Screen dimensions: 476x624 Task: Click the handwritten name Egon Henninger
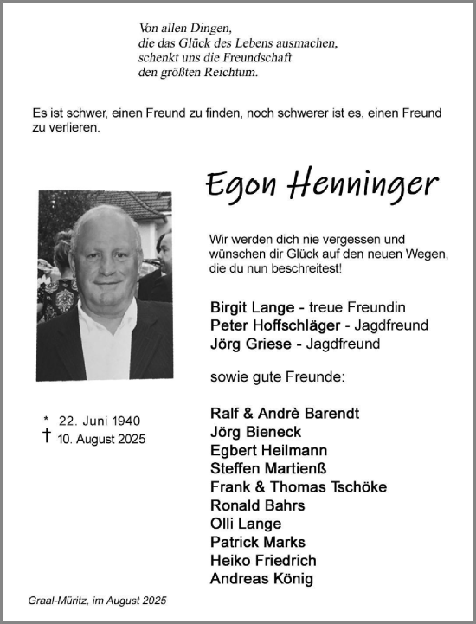click(322, 184)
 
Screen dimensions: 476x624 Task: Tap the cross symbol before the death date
click(46, 437)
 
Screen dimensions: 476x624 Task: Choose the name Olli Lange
click(245, 524)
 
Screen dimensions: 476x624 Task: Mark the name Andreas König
click(261, 579)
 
